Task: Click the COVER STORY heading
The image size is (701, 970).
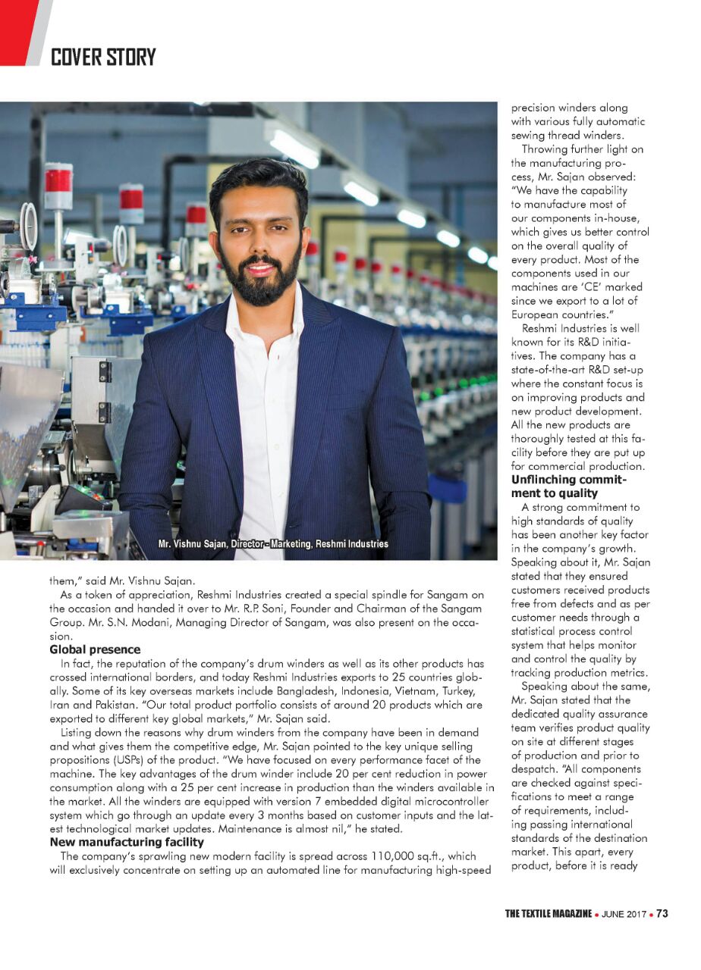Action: click(103, 57)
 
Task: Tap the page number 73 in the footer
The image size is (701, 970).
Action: click(662, 913)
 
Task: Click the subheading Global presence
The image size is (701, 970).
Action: click(95, 649)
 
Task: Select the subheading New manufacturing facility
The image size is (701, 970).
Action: click(127, 841)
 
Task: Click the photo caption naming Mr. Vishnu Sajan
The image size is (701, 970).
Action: click(272, 544)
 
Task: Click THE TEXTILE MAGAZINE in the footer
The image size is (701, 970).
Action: click(548, 914)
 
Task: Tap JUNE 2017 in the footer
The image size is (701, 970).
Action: click(624, 914)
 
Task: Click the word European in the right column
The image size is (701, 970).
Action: click(536, 314)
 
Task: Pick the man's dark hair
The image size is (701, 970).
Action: click(259, 186)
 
